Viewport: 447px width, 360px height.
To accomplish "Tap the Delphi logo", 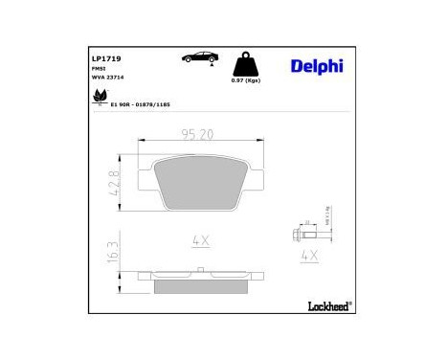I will coord(314,65).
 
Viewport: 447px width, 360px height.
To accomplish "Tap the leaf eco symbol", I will coord(97,98).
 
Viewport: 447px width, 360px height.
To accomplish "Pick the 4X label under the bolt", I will coord(309,256).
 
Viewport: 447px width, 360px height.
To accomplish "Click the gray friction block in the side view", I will coord(201,285).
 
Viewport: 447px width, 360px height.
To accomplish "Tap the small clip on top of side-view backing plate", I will coord(201,270).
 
